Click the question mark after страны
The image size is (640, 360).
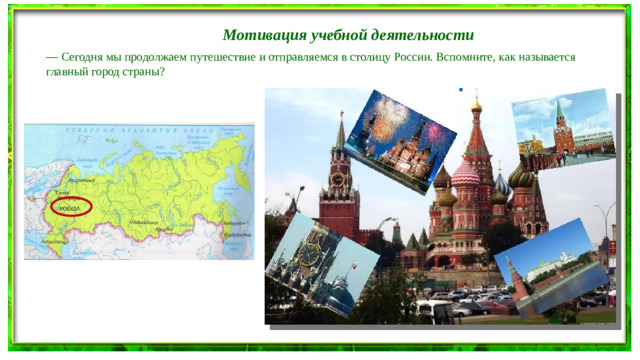tap(162, 75)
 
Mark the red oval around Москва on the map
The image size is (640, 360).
tap(70, 207)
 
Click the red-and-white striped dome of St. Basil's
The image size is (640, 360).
tap(465, 175)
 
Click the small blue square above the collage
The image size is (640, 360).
tap(460, 91)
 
